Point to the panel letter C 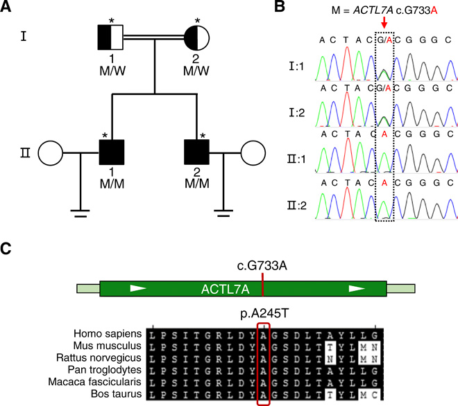click(x=9, y=249)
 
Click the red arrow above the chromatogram click(x=384, y=23)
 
